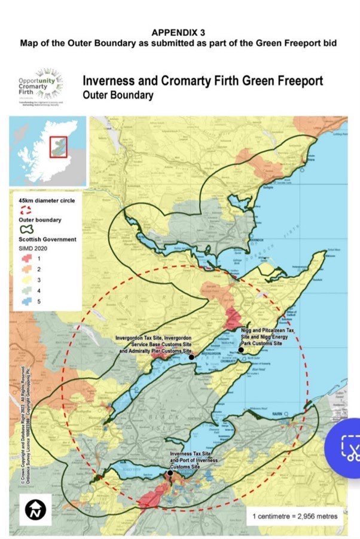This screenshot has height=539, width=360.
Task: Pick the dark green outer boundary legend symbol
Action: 26,230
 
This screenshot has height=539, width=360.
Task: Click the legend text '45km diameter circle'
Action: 47,201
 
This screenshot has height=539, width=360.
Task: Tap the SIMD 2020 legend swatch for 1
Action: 26,258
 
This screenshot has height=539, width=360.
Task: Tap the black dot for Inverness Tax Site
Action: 170,473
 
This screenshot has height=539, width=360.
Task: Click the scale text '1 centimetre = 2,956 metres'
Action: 294,516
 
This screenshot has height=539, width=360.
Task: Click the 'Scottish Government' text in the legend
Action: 47,240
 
